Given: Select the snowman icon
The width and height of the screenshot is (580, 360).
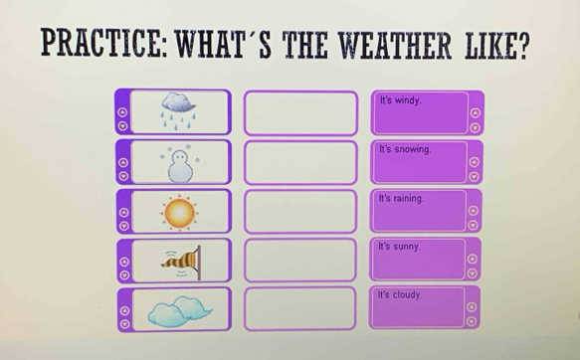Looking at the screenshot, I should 180,162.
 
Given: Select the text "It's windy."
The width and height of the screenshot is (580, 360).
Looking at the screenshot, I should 401,101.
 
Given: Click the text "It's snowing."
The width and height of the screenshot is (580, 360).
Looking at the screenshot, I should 405,149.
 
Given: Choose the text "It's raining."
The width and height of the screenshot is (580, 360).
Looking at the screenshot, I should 403,198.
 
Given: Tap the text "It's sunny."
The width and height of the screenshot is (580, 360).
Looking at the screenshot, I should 400,246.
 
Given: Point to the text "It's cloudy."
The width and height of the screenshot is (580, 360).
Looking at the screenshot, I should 401,295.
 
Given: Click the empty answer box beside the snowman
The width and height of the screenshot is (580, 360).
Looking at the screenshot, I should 299,162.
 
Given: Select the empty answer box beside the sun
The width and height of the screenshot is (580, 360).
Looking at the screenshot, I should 299,211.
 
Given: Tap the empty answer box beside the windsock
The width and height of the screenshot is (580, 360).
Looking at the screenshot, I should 299,261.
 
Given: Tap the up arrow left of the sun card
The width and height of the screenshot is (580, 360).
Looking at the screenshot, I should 121,210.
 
